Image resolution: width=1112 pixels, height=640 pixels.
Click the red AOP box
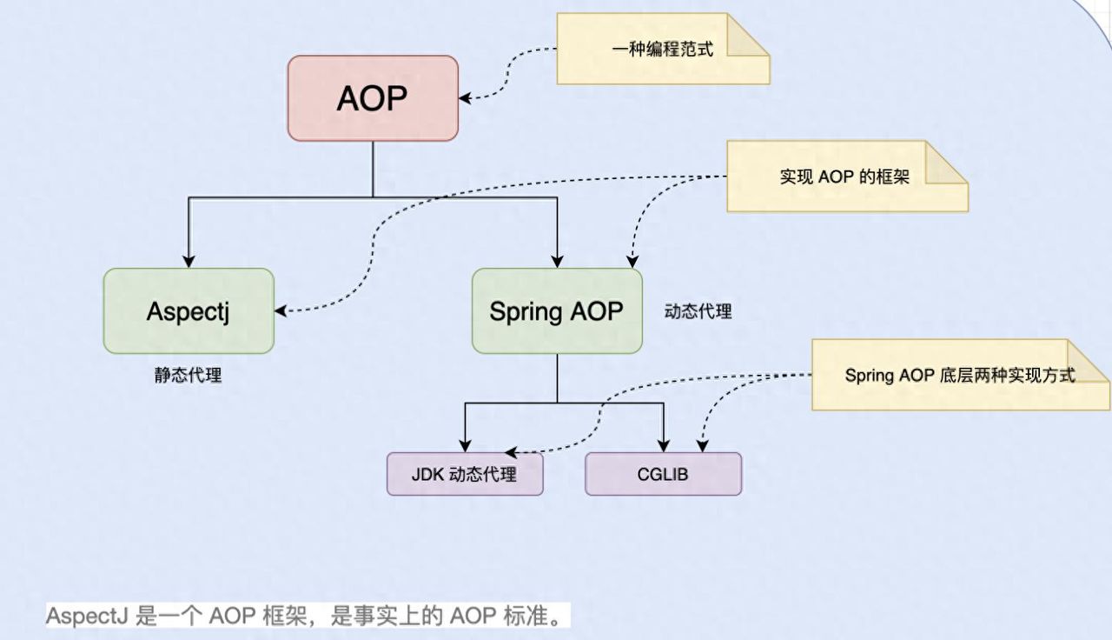point(373,98)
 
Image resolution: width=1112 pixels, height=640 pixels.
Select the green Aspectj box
point(189,311)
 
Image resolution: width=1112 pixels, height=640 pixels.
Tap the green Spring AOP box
point(557,311)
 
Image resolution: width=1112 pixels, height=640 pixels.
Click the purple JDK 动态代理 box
point(465,475)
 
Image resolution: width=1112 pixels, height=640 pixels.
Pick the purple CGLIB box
point(663,475)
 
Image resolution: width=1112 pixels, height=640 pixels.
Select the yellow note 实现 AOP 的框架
point(834,177)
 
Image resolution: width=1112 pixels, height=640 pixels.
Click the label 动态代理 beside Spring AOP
point(698,311)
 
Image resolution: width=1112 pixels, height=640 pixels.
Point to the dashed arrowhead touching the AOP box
point(465,98)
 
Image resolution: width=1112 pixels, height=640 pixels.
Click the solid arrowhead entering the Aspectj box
point(189,262)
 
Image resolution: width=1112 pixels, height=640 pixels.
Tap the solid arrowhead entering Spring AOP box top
point(557,262)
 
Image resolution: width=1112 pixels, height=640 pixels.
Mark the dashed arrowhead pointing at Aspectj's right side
point(281,310)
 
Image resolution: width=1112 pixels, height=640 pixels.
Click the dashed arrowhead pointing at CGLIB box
point(702,446)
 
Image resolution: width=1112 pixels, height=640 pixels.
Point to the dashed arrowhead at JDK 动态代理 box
point(511,453)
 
